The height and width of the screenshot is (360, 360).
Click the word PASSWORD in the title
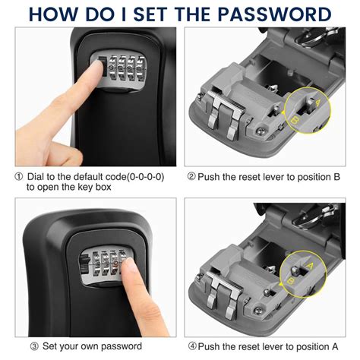(267, 14)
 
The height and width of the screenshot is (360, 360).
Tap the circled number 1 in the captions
(18, 175)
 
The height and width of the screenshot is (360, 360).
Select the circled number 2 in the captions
(191, 176)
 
